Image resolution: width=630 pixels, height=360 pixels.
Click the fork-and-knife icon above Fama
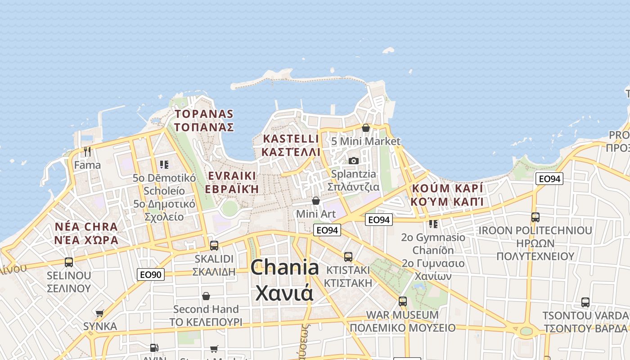(87, 152)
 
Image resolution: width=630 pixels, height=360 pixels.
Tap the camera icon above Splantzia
(354, 161)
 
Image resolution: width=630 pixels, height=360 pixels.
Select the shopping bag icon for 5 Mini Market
(366, 128)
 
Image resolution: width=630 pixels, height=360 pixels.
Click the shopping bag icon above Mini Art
(316, 200)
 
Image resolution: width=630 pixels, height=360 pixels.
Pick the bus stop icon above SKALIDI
(214, 245)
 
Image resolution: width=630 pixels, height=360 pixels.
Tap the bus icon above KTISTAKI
(348, 257)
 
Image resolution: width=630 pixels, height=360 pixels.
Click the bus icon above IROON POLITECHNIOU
(535, 217)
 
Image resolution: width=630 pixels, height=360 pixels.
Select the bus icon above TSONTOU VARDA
(585, 302)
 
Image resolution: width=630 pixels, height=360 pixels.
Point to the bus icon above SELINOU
(69, 262)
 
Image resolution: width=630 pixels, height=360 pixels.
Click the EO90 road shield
(151, 274)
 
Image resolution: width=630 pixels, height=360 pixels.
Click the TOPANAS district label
(204, 114)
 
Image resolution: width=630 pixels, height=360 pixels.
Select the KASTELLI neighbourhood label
(291, 139)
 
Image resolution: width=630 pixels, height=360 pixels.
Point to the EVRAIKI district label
(232, 176)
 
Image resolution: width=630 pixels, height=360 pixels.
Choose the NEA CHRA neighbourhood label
(86, 227)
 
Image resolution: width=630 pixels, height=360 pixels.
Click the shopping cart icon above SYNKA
(100, 313)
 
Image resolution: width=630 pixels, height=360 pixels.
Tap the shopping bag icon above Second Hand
(206, 296)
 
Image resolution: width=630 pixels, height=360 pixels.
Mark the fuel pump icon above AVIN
(154, 347)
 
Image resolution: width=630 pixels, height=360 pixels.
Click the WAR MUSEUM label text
(402, 315)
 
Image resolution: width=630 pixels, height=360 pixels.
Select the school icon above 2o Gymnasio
(433, 224)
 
